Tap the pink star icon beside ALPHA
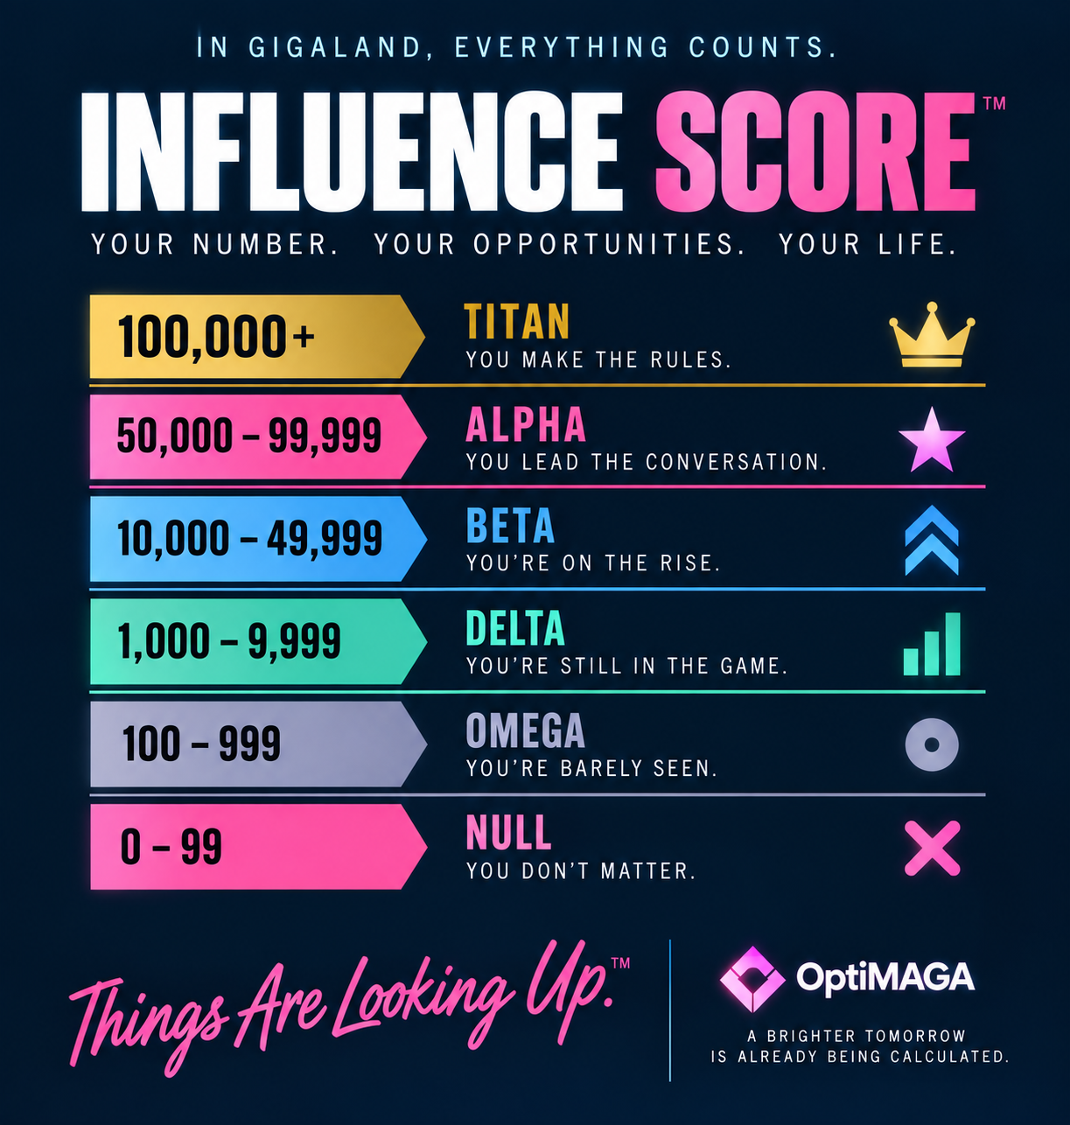point(932,441)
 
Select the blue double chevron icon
point(932,540)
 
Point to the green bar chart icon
point(932,644)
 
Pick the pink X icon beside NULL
point(932,848)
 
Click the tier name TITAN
point(516,322)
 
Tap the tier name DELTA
point(515,628)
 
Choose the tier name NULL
point(508,833)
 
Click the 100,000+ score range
point(216,337)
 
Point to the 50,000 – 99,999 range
point(249,437)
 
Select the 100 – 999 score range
point(201,744)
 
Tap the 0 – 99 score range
point(171,846)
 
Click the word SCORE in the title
point(815,150)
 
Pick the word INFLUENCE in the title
point(352,151)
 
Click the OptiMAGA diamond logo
point(752,979)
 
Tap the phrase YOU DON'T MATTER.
point(581,871)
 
